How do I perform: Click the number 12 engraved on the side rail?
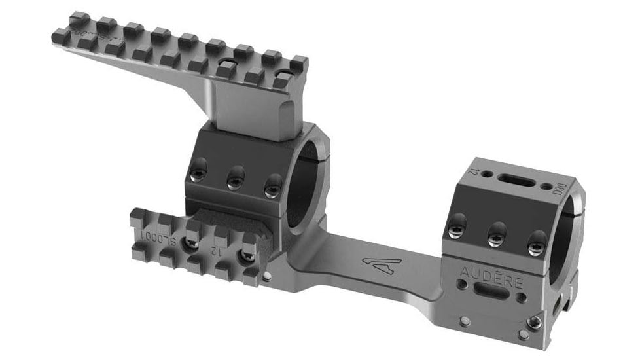tap(216, 249)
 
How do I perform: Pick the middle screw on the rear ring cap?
tap(496, 238)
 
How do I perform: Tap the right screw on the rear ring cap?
tap(537, 245)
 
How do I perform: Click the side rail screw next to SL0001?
tap(192, 243)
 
